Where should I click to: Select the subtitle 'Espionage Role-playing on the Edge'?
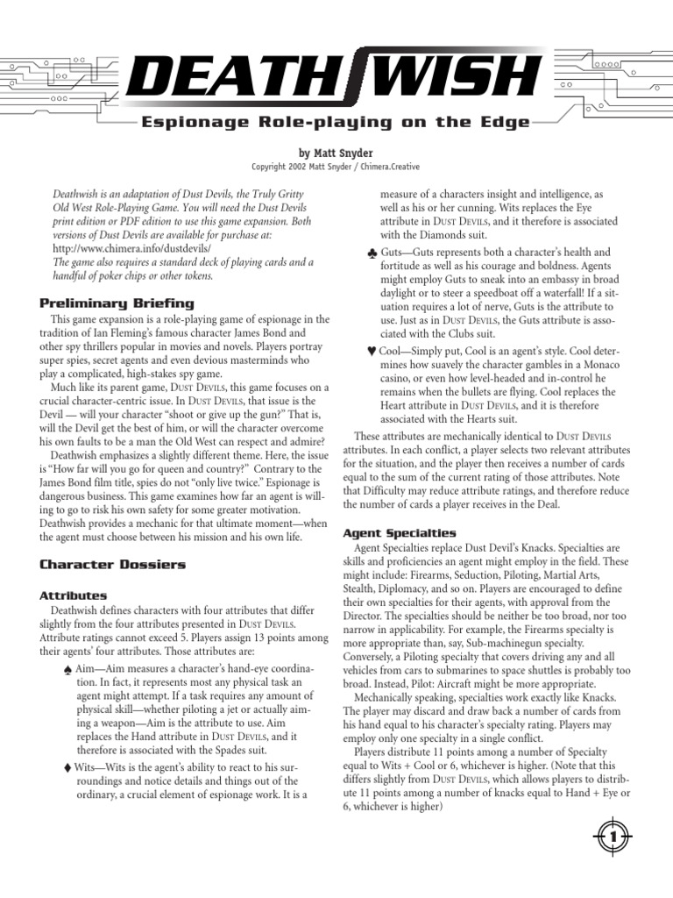coord(336,123)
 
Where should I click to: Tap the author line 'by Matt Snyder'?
coord(336,153)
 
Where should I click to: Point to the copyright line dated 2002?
coord(336,167)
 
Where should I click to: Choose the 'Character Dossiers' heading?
coord(112,564)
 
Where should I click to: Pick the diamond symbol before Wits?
coord(67,766)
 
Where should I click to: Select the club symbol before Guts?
coord(374,253)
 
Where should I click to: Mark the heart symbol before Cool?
coord(372,351)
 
